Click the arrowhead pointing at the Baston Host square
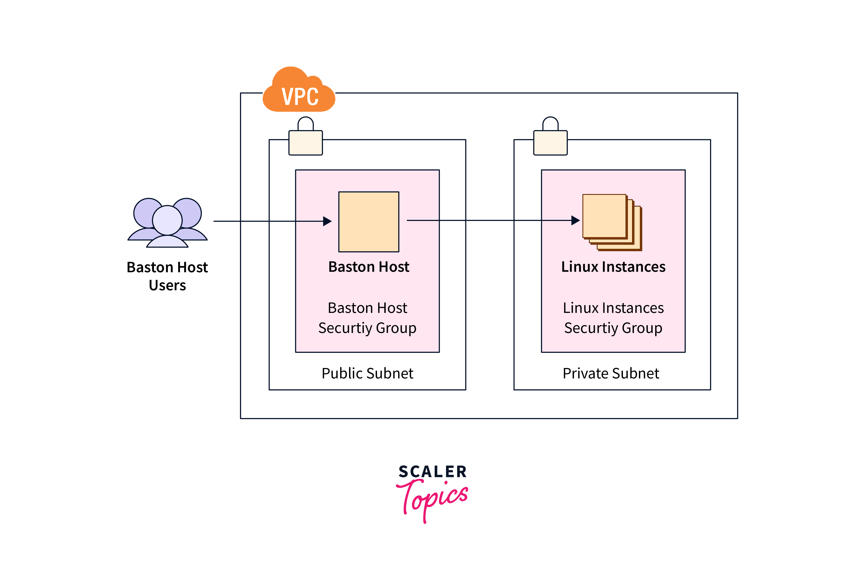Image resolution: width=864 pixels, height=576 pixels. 327,221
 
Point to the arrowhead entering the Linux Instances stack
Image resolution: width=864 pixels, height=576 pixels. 575,220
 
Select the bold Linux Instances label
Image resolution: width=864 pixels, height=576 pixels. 613,267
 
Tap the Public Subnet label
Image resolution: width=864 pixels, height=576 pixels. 367,373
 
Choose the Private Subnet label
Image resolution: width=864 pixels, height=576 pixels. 611,373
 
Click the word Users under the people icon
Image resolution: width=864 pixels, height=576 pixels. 167,285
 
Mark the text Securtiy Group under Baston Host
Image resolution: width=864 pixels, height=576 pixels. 367,328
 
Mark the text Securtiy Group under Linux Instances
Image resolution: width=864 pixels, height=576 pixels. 613,328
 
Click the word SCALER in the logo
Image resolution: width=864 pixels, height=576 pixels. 432,472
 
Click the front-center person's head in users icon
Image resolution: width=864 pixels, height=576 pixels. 167,220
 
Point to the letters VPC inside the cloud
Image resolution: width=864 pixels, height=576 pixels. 300,97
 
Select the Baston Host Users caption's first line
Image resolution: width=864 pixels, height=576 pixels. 167,267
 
